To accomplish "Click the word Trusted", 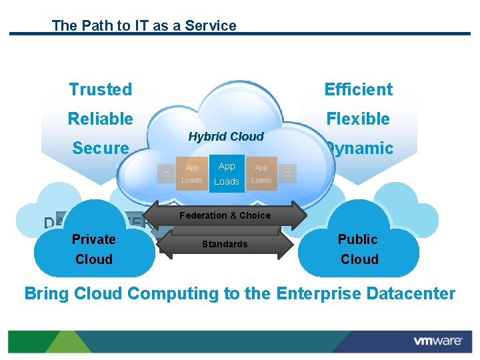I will pyautogui.click(x=101, y=89).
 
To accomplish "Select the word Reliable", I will pyautogui.click(x=101, y=119).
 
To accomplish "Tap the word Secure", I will pyautogui.click(x=101, y=149).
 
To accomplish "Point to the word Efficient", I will pyautogui.click(x=358, y=89).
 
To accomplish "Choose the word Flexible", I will pyautogui.click(x=358, y=119).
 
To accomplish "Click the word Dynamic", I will pyautogui.click(x=360, y=149).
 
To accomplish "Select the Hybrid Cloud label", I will pyautogui.click(x=226, y=137).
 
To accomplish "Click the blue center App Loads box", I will pyautogui.click(x=227, y=174).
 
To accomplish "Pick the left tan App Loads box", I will pyautogui.click(x=192, y=174).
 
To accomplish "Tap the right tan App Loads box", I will pyautogui.click(x=261, y=174).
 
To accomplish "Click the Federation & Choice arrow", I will pyautogui.click(x=225, y=215).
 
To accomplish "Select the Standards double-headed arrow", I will pyautogui.click(x=225, y=244).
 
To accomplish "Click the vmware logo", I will pyautogui.click(x=438, y=341).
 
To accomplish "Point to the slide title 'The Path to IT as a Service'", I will pyautogui.click(x=144, y=26).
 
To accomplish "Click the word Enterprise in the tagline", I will pyautogui.click(x=315, y=293).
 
